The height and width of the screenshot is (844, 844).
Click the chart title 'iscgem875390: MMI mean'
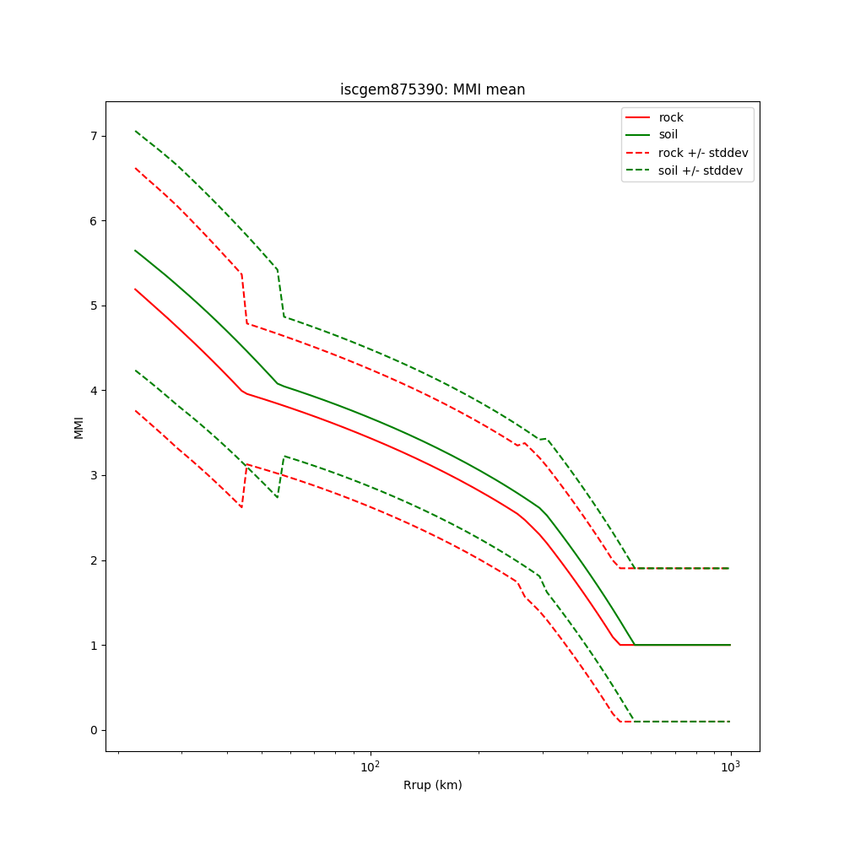point(432,89)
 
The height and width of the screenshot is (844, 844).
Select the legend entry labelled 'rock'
point(671,117)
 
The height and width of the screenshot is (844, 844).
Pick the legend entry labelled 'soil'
point(668,135)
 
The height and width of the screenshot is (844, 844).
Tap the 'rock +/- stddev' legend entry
point(703,153)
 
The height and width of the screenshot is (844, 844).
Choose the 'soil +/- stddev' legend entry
point(701,170)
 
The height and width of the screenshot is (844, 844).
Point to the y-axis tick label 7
point(95,136)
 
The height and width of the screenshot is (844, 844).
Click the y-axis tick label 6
point(95,221)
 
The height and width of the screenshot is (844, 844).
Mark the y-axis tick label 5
point(95,306)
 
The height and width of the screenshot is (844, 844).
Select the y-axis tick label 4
point(95,391)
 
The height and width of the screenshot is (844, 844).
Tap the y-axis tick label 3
point(95,476)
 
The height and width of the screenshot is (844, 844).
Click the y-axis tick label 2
point(95,560)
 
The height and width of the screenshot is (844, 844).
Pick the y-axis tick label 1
point(95,646)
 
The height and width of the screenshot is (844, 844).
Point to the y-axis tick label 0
point(95,730)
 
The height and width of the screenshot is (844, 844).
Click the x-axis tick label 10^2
point(370,766)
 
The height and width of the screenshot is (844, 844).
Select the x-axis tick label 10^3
point(730,766)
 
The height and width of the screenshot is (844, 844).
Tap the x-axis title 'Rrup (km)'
point(432,785)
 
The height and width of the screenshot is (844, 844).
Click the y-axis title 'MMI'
point(78,427)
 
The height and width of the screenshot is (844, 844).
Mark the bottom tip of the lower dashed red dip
point(241,508)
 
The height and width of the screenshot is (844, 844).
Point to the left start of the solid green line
point(135,250)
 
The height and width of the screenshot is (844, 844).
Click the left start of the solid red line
point(135,289)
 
